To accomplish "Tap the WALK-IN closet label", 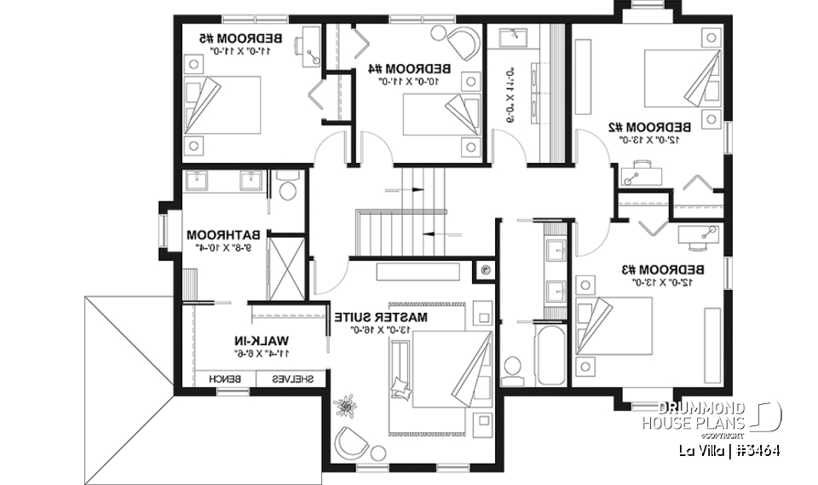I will [x=257, y=340].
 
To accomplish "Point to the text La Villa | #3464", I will [x=729, y=449].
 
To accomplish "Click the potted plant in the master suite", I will [x=346, y=404].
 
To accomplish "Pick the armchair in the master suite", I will [x=351, y=443].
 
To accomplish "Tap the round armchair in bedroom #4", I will [x=464, y=39].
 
